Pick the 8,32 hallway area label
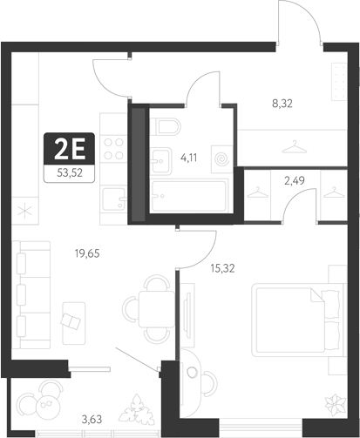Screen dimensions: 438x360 pos(282,103)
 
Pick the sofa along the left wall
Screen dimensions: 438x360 pos(31,292)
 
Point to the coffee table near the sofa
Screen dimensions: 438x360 pos(73,317)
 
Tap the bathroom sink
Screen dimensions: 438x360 pos(164,158)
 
